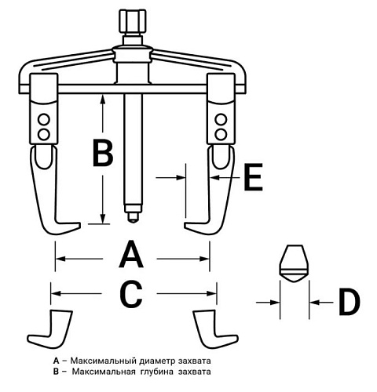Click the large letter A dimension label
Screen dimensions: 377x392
pos(131,255)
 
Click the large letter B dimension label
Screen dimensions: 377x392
pos(103,153)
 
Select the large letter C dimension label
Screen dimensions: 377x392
pos(131,294)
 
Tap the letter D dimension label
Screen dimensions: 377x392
pos(350,302)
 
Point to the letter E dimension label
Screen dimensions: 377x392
pos(253,177)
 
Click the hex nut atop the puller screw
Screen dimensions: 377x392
pos(133,21)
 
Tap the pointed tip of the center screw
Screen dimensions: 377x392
pos(134,221)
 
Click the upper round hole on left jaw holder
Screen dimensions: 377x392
pos(43,119)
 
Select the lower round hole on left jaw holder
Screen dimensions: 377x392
pos(43,134)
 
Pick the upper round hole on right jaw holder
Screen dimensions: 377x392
pos(221,119)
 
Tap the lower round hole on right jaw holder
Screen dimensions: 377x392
pos(221,134)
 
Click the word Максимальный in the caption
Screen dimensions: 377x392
pos(104,361)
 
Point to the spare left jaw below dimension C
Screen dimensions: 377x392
pos(50,329)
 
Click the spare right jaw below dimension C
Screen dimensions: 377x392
pos(216,329)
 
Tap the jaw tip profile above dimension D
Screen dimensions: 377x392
pos(295,263)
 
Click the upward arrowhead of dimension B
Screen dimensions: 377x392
pos(103,100)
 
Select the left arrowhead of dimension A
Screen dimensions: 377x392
pos(60,259)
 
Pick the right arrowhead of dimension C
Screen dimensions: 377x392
pos(211,293)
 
